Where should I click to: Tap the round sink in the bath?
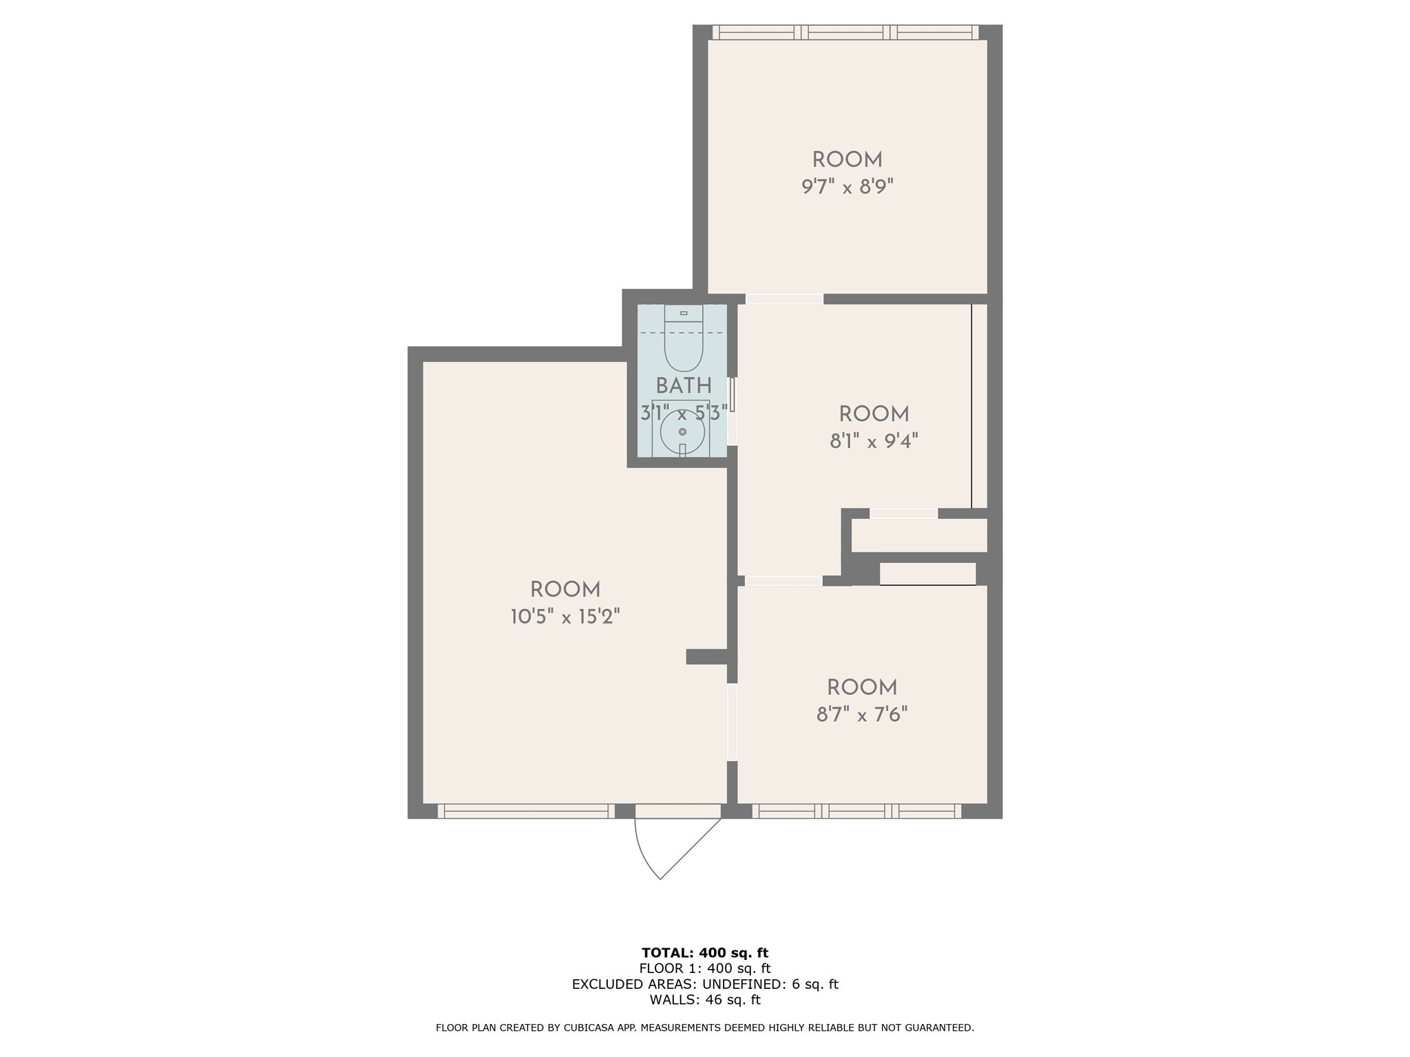pyautogui.click(x=682, y=432)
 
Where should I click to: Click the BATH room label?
pyautogui.click(x=684, y=385)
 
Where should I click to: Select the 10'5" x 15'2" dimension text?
pyautogui.click(x=565, y=617)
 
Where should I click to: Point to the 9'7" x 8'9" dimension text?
pyautogui.click(x=848, y=186)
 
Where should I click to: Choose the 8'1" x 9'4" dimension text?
pyautogui.click(x=874, y=440)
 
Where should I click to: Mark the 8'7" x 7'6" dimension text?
pyautogui.click(x=862, y=714)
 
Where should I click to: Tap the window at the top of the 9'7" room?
pyautogui.click(x=845, y=32)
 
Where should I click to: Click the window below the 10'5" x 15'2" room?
pyautogui.click(x=526, y=811)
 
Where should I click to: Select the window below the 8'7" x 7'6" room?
pyautogui.click(x=856, y=811)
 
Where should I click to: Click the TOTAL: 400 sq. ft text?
pyautogui.click(x=705, y=953)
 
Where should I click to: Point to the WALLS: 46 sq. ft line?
pyautogui.click(x=705, y=1000)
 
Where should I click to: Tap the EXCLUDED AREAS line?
pyautogui.click(x=705, y=984)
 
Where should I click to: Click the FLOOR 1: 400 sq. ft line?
pyautogui.click(x=705, y=969)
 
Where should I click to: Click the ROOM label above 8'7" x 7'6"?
pyautogui.click(x=862, y=687)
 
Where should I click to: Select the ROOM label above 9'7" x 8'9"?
pyautogui.click(x=848, y=160)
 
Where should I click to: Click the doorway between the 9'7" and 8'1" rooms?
pyautogui.click(x=784, y=299)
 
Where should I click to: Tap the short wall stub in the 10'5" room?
pyautogui.click(x=707, y=656)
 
